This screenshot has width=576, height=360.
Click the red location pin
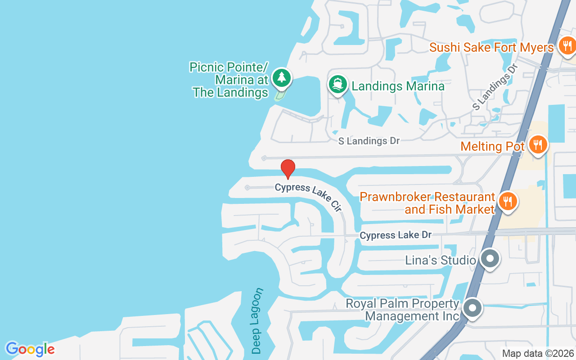point(288,168)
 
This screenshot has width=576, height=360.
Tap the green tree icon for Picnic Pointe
point(282,77)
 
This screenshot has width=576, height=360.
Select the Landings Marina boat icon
point(337,84)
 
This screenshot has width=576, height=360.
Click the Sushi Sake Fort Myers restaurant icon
point(567,45)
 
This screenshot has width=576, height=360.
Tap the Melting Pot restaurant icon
point(537,145)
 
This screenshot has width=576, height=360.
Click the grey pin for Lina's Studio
point(490,259)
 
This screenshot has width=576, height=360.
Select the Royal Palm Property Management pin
point(472,309)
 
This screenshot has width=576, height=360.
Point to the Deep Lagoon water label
point(257,320)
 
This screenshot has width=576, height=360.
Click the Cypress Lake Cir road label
point(309,196)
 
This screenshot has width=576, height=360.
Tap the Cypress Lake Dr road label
point(396,235)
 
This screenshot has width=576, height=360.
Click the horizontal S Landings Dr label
point(369,141)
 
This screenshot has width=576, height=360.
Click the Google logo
point(30,349)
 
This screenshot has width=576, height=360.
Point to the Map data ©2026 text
point(538,353)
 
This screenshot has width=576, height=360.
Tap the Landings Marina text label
point(398,86)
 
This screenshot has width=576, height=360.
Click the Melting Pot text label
point(492,146)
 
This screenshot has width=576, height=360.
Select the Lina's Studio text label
point(440,260)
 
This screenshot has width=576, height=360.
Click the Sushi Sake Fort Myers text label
point(491,47)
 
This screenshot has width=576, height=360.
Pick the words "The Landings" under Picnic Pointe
point(230,92)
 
